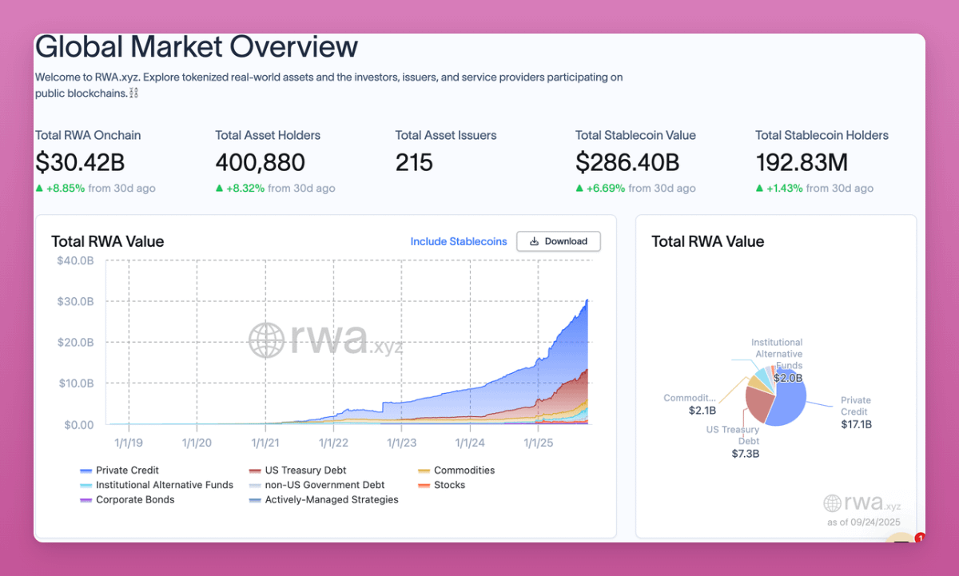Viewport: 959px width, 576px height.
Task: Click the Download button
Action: pos(558,241)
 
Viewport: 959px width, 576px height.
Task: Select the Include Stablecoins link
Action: pos(458,241)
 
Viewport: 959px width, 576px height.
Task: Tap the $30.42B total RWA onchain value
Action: pos(80,163)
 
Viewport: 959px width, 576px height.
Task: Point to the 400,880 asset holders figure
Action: pos(260,163)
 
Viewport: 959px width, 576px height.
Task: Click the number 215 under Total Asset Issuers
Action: pos(414,163)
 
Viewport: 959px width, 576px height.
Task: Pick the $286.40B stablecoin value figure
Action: pos(627,163)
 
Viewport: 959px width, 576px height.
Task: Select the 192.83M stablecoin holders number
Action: pos(802,163)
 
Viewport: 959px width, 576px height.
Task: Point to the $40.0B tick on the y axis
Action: pos(75,260)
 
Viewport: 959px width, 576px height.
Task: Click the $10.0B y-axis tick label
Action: pos(75,383)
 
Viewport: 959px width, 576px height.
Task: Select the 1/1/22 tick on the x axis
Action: pos(333,442)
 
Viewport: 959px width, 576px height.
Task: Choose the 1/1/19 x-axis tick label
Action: pos(129,442)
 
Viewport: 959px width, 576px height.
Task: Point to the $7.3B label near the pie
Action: pos(745,454)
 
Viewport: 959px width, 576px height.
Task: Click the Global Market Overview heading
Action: pos(197,47)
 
